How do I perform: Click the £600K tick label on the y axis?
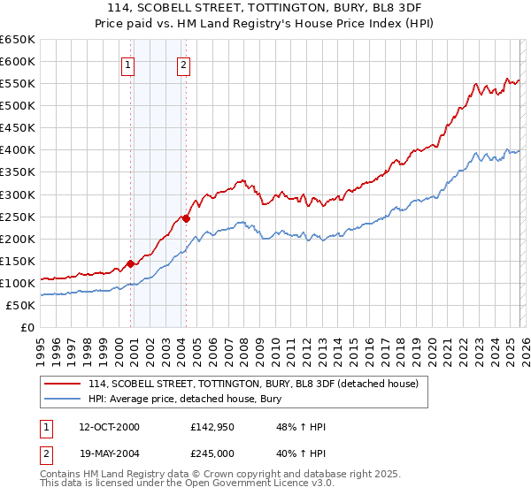pos(18,61)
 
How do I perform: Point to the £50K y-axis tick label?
pos(21,305)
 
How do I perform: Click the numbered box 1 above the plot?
pos(128,65)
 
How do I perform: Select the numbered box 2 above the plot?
pos(183,65)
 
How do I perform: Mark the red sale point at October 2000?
pos(130,263)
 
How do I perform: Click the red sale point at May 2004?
pos(187,218)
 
